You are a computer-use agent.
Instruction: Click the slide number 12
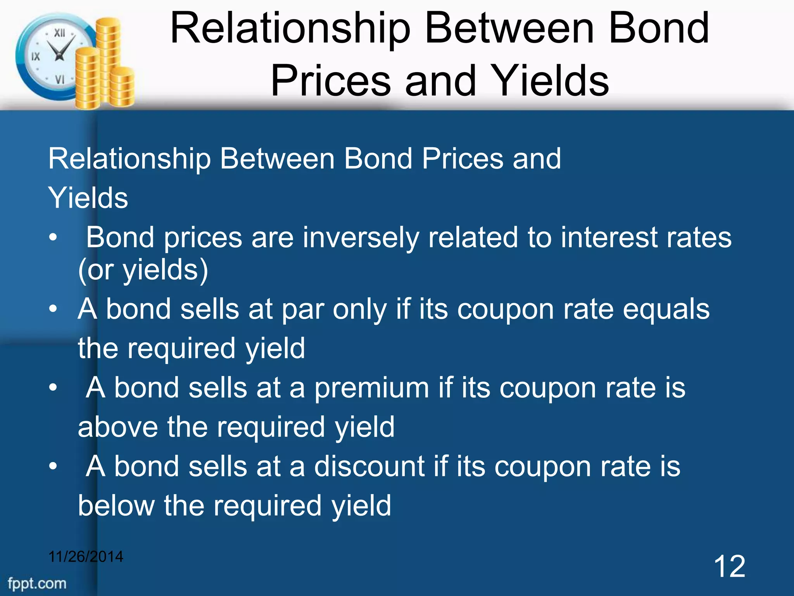point(729,567)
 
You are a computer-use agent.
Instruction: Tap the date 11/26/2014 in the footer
point(86,557)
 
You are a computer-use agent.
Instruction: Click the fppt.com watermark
point(37,584)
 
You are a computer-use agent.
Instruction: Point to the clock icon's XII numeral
point(59,33)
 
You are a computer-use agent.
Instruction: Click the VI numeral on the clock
point(60,80)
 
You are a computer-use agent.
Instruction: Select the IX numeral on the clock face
point(36,57)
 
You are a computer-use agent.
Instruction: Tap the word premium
point(371,388)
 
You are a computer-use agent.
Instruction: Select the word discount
point(369,466)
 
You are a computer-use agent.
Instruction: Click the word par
point(303,310)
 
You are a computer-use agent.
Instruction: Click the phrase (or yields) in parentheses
point(143,270)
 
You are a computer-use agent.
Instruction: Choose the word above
point(118,427)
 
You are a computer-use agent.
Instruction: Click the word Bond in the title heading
point(659,28)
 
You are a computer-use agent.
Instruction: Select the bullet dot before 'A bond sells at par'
point(53,309)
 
